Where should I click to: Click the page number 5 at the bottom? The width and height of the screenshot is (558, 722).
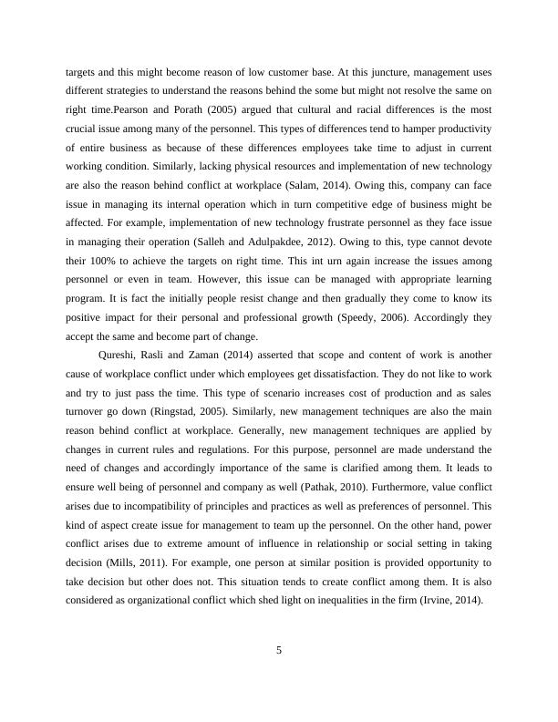pos(279,649)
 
